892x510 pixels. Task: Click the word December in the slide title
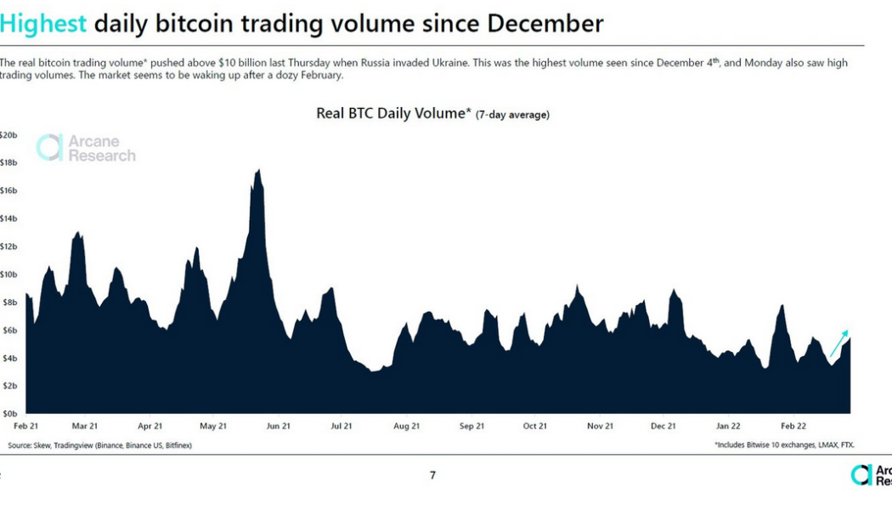tap(545, 23)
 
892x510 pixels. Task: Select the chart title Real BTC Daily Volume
tap(392, 113)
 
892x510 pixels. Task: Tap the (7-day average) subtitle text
tap(512, 115)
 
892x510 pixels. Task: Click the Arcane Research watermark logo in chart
tap(86, 148)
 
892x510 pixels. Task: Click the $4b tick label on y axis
tap(8, 358)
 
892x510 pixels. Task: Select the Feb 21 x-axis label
tap(26, 425)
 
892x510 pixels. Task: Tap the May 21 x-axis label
tap(212, 425)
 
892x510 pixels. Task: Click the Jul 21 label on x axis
tap(342, 425)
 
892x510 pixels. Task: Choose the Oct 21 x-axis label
tap(534, 425)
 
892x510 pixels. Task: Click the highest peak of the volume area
tap(257, 171)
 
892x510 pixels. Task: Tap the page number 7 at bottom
tap(432, 475)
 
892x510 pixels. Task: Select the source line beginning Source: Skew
tap(99, 445)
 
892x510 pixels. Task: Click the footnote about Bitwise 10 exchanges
tap(784, 445)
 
